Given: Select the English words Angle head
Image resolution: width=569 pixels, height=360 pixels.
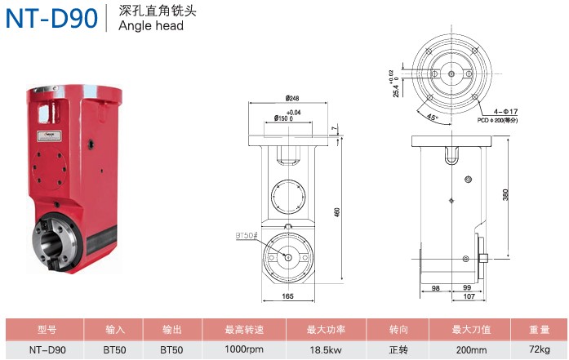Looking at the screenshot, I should point(151,25).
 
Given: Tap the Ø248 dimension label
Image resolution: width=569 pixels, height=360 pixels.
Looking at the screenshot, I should point(293,99).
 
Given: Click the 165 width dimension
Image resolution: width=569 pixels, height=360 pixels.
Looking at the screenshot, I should point(288,297).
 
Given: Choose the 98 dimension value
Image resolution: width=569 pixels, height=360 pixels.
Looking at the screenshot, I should point(435,288).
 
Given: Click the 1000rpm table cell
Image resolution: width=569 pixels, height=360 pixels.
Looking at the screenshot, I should point(244,350).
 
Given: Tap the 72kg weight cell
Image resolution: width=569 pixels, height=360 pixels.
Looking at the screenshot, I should point(540,350).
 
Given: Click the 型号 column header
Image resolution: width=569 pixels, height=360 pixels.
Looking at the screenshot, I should point(47,330).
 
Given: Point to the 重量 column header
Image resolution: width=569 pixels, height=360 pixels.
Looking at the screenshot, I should point(540,330).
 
